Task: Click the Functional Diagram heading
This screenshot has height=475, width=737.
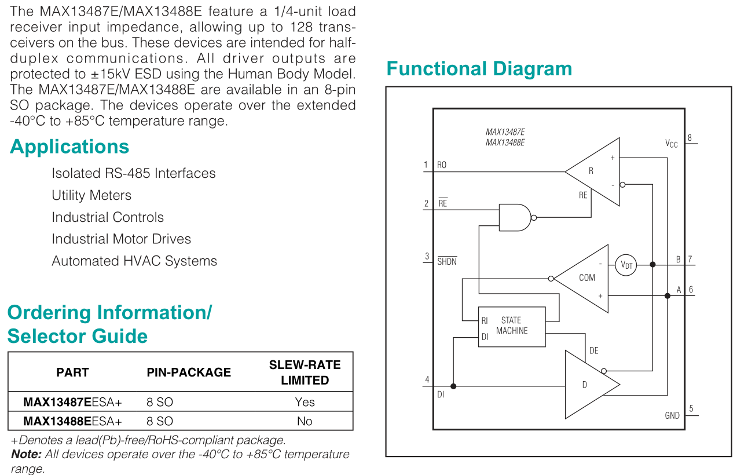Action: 479,69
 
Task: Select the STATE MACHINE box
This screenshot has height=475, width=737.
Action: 512,327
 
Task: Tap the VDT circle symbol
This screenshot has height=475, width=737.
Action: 626,265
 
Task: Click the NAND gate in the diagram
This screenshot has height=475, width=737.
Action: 515,218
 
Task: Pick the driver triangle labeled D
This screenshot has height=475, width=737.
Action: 589,385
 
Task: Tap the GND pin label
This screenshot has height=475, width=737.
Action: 672,415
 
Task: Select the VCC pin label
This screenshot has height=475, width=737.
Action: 671,144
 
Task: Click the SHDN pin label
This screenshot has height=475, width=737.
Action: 447,261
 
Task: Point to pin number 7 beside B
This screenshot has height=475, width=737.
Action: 690,259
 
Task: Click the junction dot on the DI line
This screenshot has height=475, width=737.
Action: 453,386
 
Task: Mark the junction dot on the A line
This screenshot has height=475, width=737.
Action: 668,295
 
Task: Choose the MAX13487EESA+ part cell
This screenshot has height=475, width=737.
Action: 72,402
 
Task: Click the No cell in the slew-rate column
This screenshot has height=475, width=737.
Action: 305,421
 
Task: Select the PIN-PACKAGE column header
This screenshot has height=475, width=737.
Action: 189,372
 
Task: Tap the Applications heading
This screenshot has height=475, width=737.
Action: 69,147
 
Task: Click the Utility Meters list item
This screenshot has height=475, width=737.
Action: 91,195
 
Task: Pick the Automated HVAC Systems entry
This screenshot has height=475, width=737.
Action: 134,261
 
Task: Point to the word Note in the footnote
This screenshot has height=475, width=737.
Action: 26,454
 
